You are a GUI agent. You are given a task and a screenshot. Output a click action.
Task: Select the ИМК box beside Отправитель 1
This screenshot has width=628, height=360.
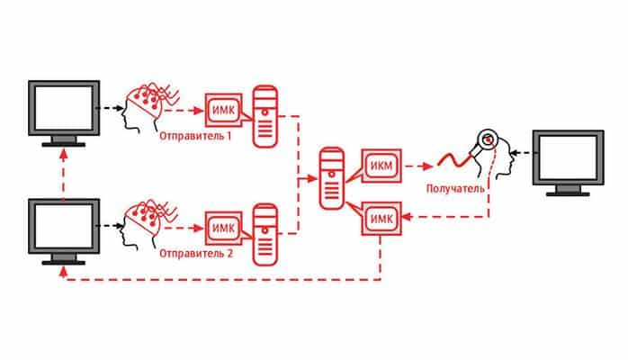pos(222,109)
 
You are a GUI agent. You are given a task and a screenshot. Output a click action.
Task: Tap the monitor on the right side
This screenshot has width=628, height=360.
pos(568,162)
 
